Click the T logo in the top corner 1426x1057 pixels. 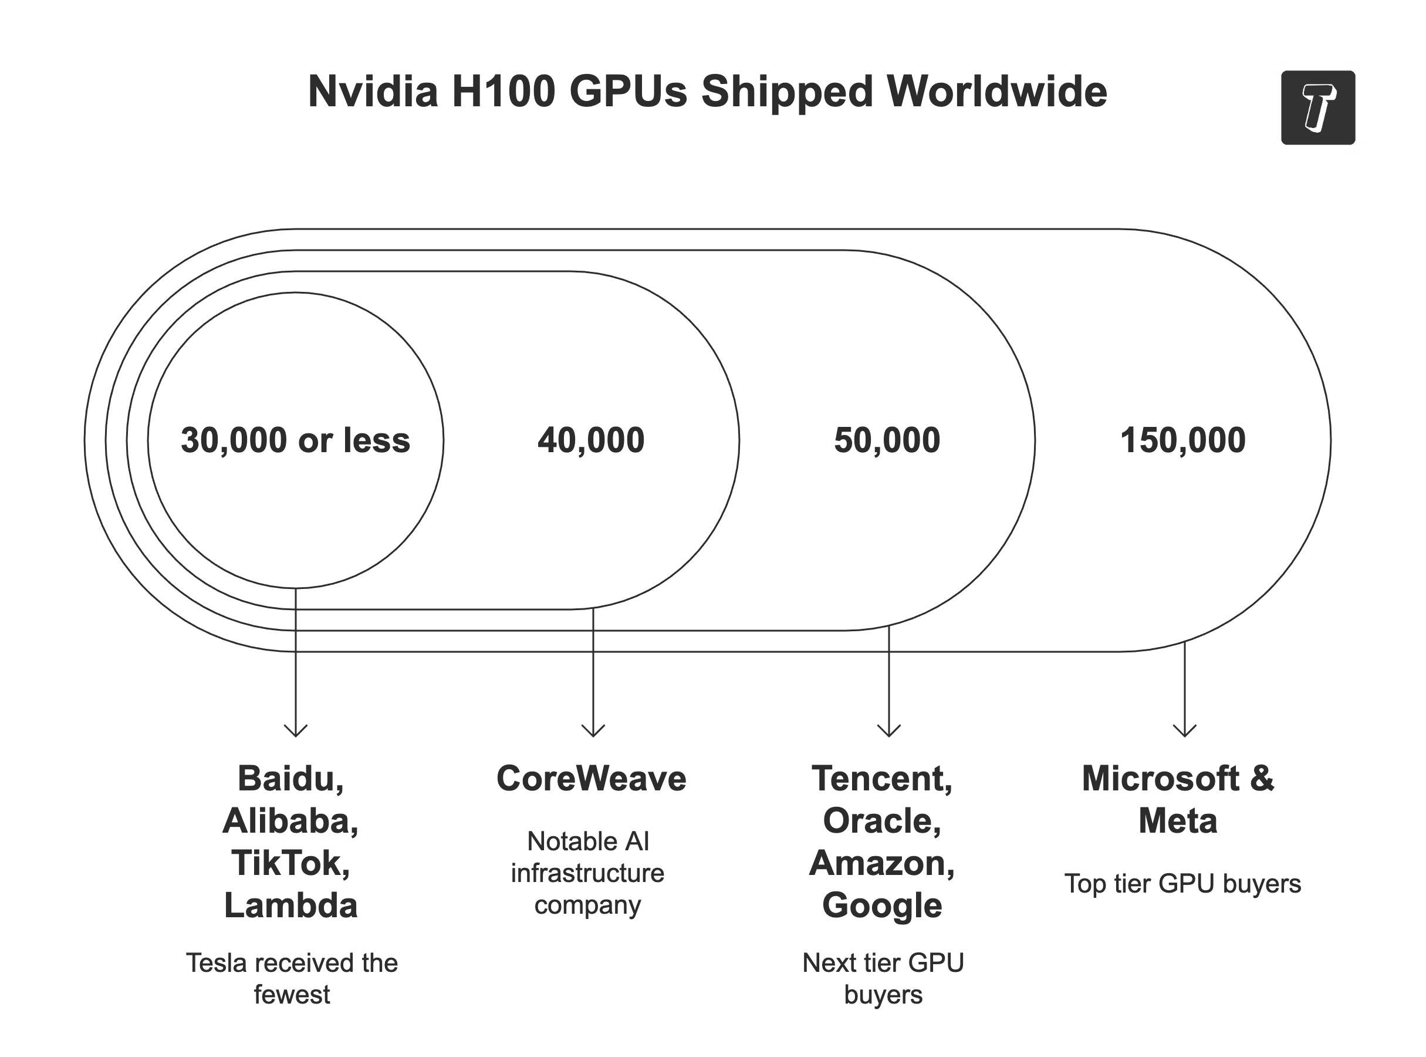(1317, 107)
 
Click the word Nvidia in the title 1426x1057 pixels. (372, 92)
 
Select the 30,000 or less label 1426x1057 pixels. (295, 440)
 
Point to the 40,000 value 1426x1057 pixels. (591, 440)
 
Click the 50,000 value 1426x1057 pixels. (887, 440)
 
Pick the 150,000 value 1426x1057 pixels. (1182, 440)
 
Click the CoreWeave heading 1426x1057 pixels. (591, 779)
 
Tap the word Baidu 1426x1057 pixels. (290, 779)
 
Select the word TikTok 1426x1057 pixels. (290, 863)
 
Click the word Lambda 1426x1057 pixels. (290, 905)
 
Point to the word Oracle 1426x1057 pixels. (881, 821)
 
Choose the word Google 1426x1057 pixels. (882, 905)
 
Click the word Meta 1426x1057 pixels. (1177, 821)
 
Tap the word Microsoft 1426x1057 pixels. (1160, 779)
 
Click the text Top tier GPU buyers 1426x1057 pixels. (1182, 884)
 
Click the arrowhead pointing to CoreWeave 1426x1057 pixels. (593, 731)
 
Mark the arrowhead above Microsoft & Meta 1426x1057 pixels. (1184, 731)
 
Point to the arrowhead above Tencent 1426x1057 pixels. (889, 731)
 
